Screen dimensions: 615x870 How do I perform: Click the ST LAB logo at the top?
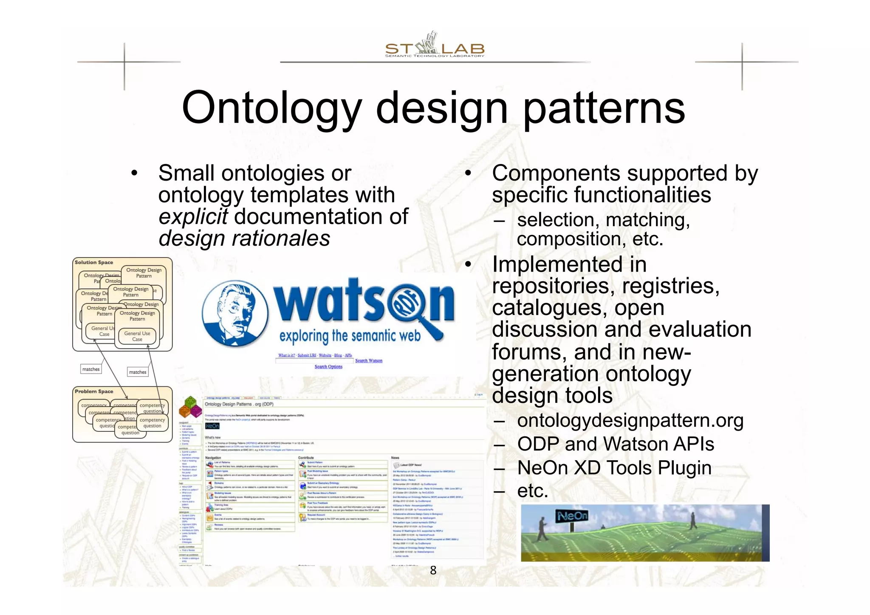(434, 46)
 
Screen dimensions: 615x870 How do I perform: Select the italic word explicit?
(193, 217)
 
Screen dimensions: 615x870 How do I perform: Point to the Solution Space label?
(94, 263)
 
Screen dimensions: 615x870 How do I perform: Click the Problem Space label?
(94, 391)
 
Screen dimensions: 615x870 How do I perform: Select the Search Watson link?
(368, 361)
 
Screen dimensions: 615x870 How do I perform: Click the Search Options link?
(328, 367)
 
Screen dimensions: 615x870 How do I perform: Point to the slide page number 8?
(433, 570)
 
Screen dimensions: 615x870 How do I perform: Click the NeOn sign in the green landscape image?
(572, 516)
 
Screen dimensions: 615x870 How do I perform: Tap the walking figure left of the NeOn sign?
(542, 530)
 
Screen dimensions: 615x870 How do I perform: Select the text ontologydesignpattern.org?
(630, 421)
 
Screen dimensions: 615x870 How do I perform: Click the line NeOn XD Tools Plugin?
(614, 468)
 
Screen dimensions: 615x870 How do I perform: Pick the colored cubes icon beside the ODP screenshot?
(190, 407)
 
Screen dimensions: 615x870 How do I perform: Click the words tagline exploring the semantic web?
(350, 336)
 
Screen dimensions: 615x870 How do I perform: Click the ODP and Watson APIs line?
(615, 444)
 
